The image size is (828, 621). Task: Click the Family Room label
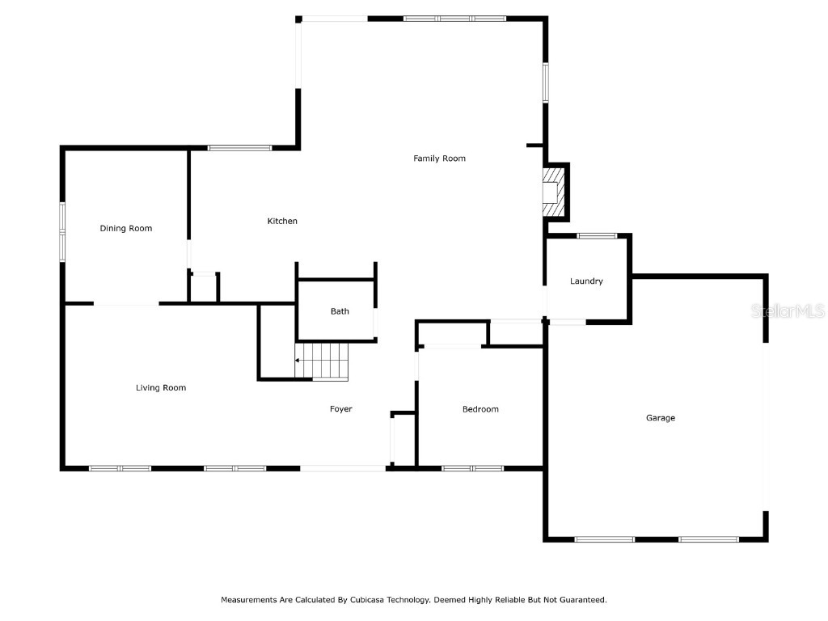click(x=439, y=158)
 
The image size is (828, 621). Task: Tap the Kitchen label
click(x=282, y=222)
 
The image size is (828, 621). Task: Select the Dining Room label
click(x=125, y=229)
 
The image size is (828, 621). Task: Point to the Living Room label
click(x=161, y=388)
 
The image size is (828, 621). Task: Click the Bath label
click(x=340, y=311)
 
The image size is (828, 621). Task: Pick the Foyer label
click(x=340, y=409)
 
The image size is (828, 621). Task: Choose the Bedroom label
click(x=480, y=409)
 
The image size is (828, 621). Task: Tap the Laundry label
click(x=586, y=281)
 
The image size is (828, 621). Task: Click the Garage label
click(x=660, y=418)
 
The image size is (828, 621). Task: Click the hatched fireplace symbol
click(x=553, y=192)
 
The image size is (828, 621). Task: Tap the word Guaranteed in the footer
click(x=580, y=600)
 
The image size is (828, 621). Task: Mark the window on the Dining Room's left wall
click(x=61, y=231)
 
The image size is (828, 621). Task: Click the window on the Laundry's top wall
click(x=597, y=236)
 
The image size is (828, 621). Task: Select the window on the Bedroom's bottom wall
click(x=472, y=467)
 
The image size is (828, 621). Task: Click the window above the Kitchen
click(x=239, y=148)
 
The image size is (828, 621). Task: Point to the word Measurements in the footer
click(x=247, y=600)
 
